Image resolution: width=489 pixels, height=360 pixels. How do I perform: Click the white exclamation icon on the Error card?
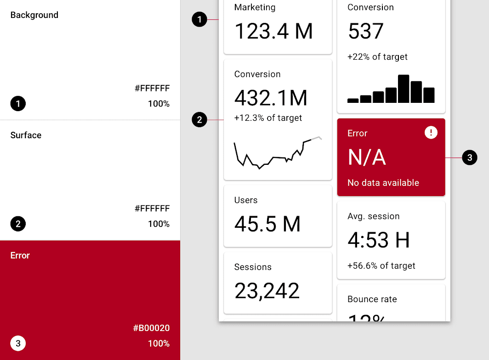pyautogui.click(x=431, y=133)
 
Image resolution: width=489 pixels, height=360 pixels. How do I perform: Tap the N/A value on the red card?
pyautogui.click(x=367, y=157)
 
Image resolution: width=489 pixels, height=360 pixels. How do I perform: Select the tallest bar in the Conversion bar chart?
pyautogui.click(x=404, y=89)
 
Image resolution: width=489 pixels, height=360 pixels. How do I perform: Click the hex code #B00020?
pyautogui.click(x=151, y=328)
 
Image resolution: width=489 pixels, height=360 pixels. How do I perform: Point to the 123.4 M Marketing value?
pyautogui.click(x=273, y=31)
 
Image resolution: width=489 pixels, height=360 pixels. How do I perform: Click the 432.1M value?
pyautogui.click(x=271, y=98)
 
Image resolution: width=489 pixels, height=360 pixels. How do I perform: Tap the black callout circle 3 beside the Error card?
pyautogui.click(x=470, y=157)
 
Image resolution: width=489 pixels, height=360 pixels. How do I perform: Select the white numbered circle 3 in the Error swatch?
pyautogui.click(x=18, y=343)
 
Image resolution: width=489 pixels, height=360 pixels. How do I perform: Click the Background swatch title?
pyautogui.click(x=34, y=15)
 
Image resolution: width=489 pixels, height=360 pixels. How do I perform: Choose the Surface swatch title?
pyautogui.click(x=26, y=135)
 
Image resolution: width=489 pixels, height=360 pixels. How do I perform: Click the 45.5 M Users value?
pyautogui.click(x=267, y=224)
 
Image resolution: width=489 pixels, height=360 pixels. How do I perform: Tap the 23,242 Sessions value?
pyautogui.click(x=267, y=291)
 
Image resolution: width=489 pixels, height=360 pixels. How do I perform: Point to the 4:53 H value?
pyautogui.click(x=378, y=240)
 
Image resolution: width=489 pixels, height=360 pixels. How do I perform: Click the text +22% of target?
pyautogui.click(x=377, y=57)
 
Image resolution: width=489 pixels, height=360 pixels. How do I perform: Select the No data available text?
pyautogui.click(x=383, y=183)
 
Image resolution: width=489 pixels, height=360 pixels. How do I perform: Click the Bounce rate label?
pyautogui.click(x=372, y=299)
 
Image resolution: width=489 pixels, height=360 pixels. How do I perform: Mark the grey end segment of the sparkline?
pyautogui.click(x=317, y=138)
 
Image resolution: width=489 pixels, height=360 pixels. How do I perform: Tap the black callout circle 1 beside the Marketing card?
pyautogui.click(x=199, y=19)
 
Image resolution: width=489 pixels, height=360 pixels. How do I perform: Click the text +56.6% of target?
pyautogui.click(x=381, y=265)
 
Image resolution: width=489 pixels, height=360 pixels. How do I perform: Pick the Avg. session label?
pyautogui.click(x=373, y=216)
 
